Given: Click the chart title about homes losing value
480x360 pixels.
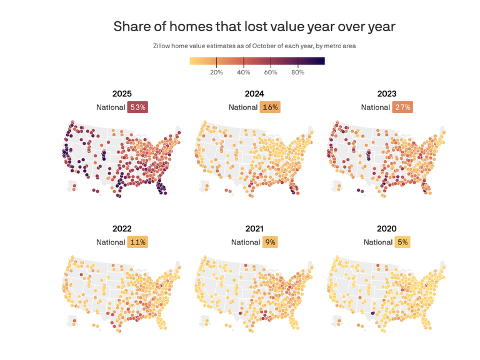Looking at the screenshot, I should click(254, 27).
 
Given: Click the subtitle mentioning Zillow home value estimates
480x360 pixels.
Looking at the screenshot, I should click(254, 46).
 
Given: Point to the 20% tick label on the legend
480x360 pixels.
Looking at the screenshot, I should click(216, 72).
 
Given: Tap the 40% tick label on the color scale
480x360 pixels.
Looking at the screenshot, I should click(244, 72).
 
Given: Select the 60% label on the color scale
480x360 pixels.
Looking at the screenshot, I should click(271, 72).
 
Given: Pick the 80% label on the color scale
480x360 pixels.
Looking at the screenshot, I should click(298, 72).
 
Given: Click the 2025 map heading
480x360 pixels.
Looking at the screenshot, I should click(122, 94).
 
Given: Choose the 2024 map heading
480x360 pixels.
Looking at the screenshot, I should click(254, 94).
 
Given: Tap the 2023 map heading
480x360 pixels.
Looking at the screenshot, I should click(387, 94).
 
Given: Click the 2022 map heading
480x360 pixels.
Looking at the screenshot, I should click(122, 229).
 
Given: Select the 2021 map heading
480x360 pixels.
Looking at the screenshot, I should click(254, 229).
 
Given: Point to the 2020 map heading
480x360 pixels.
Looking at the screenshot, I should click(387, 229).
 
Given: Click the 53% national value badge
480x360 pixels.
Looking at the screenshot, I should click(137, 107).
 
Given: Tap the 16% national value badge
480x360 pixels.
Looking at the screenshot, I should click(270, 107).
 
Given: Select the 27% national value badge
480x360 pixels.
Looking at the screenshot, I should click(402, 107).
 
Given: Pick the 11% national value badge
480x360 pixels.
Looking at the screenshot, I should click(137, 242).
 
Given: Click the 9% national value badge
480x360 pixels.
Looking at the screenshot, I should click(270, 242).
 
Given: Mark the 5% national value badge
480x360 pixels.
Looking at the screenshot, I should click(402, 242).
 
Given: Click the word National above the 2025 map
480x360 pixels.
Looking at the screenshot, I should click(111, 107).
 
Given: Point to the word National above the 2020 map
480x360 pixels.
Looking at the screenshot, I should click(377, 242).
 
